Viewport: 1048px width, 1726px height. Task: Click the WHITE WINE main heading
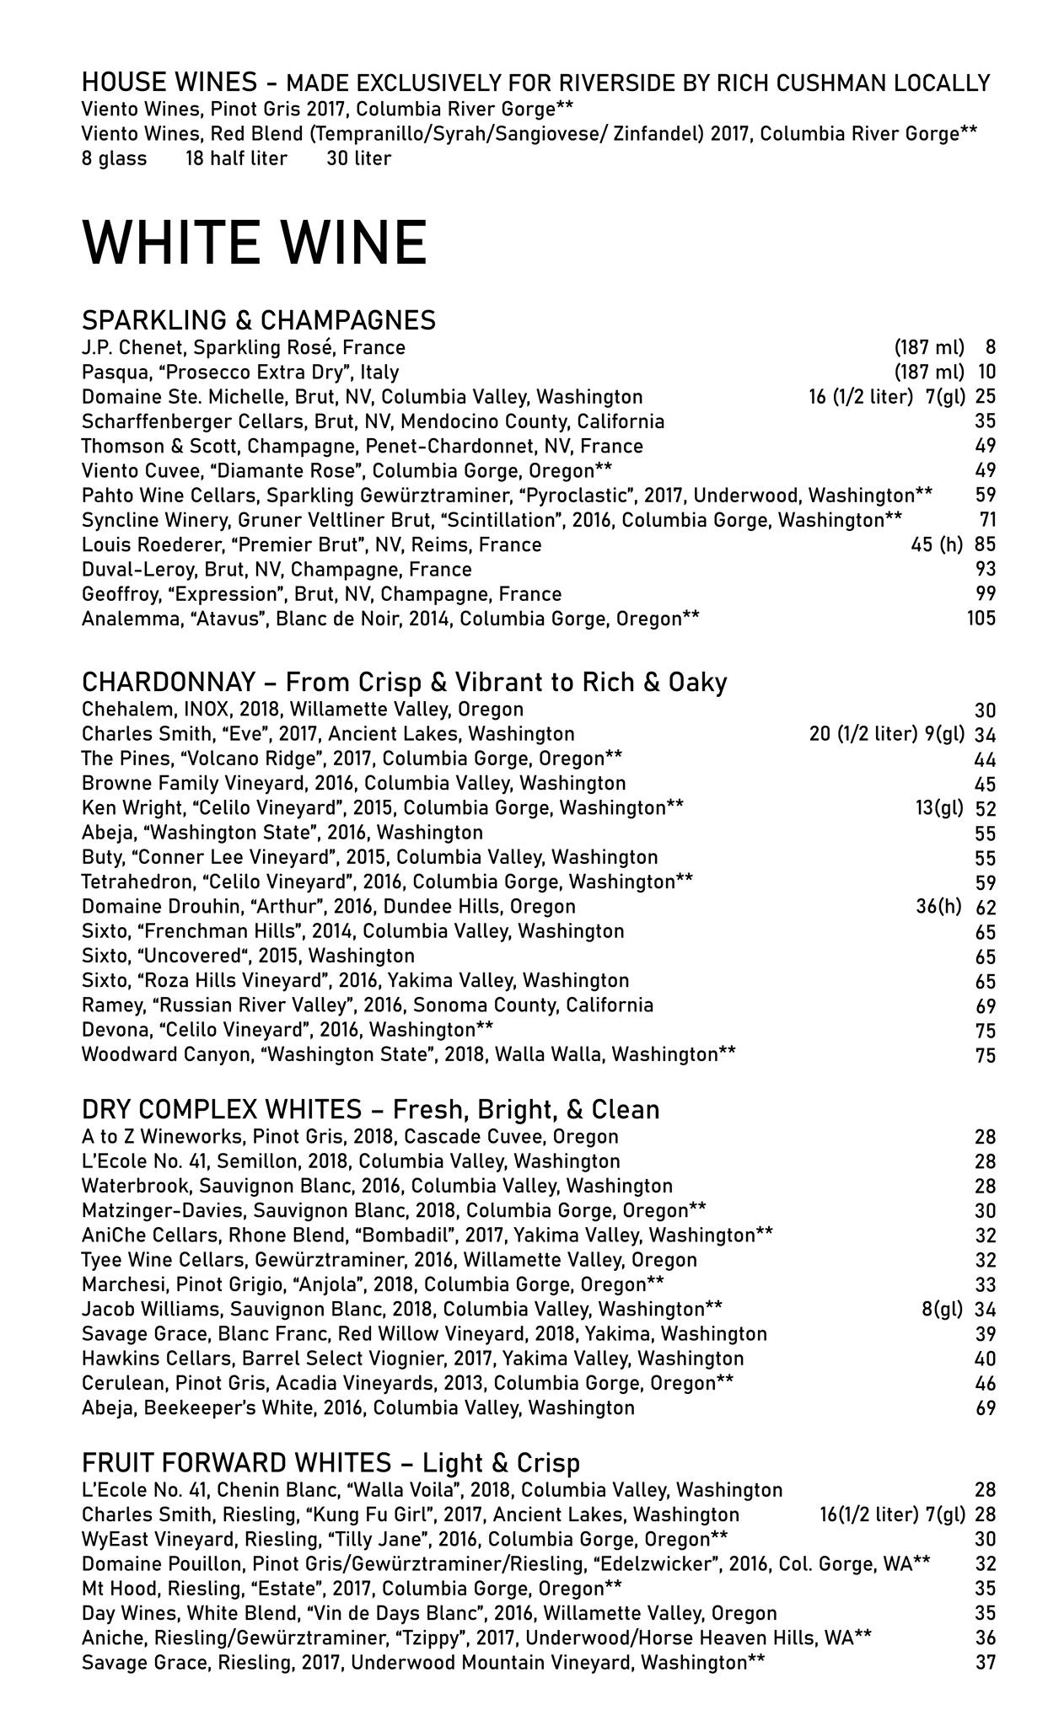[x=255, y=242]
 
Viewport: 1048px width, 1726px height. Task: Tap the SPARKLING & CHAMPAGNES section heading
[x=258, y=320]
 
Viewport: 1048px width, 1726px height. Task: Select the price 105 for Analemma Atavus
[x=981, y=619]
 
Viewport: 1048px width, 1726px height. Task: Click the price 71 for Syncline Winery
[x=987, y=520]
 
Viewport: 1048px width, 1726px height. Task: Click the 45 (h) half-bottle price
[x=936, y=545]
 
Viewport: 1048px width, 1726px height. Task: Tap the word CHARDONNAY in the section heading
[x=168, y=682]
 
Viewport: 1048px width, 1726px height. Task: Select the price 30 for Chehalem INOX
[x=985, y=710]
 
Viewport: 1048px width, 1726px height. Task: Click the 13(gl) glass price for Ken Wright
[x=939, y=809]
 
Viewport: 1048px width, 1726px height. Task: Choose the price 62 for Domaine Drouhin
[x=985, y=908]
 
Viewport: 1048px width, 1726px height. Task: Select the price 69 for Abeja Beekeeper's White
[x=985, y=1408]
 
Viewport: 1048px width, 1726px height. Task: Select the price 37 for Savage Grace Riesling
[x=985, y=1663]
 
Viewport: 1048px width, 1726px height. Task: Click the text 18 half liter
[x=236, y=158]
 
